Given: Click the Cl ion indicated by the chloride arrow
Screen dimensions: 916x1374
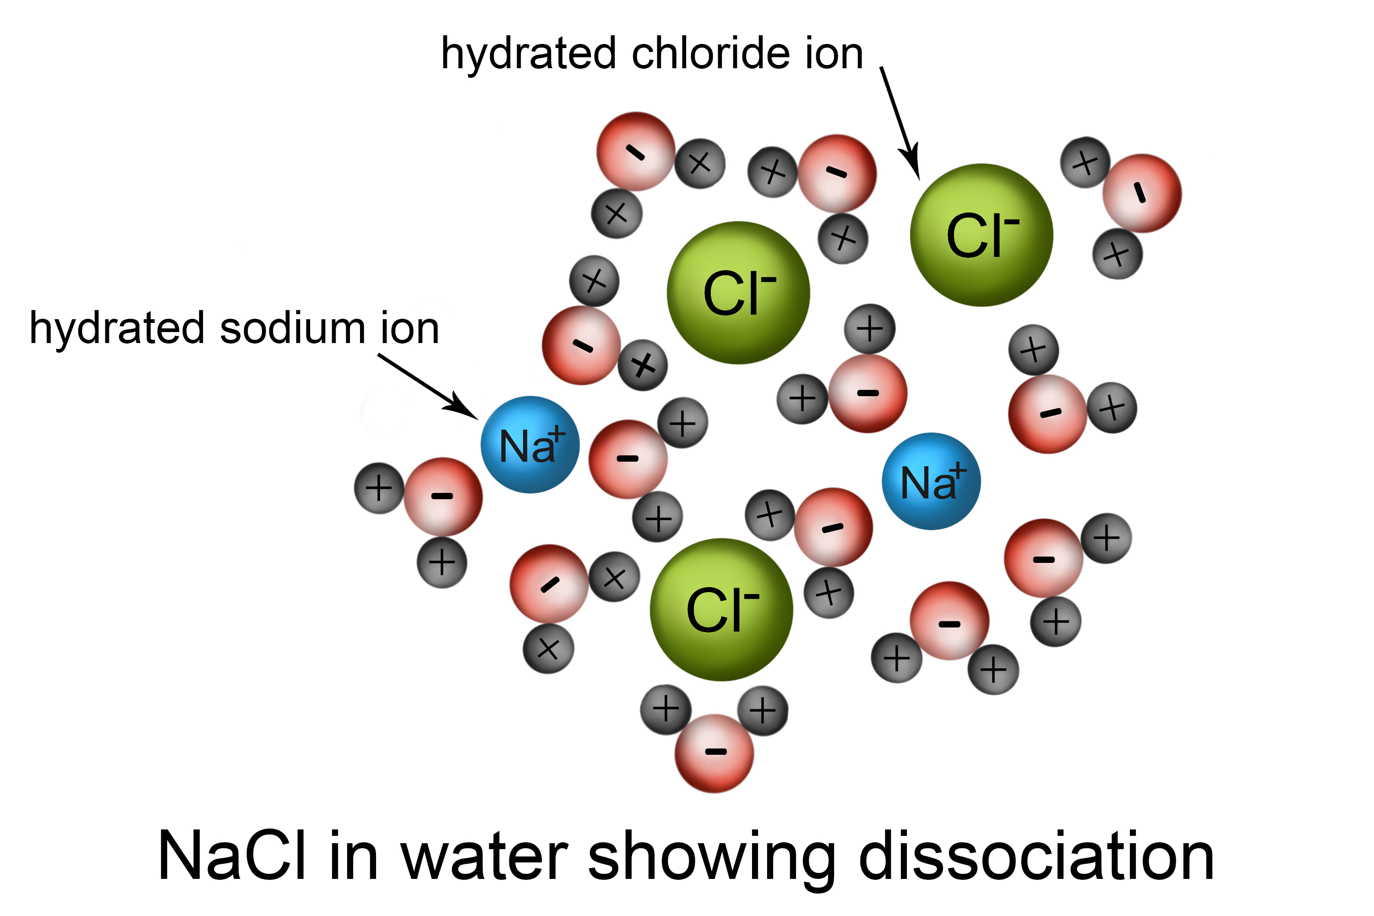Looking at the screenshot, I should click(x=981, y=235).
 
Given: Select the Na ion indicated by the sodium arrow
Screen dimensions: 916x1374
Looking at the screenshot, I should click(x=530, y=445).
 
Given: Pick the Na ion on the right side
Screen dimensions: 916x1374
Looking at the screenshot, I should click(x=931, y=481).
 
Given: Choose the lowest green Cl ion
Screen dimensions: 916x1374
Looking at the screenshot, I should click(x=721, y=609).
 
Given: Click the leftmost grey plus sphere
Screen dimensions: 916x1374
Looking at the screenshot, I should click(x=379, y=488).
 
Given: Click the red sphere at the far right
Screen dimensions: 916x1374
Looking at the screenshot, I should click(x=1142, y=193).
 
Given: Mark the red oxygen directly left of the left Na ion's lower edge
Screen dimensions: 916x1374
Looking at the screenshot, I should click(x=443, y=496).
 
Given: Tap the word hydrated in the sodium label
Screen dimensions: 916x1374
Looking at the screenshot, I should click(x=117, y=328).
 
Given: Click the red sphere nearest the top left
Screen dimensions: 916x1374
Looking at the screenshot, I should click(x=636, y=151).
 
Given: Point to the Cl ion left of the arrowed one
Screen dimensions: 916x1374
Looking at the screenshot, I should click(x=738, y=293).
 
